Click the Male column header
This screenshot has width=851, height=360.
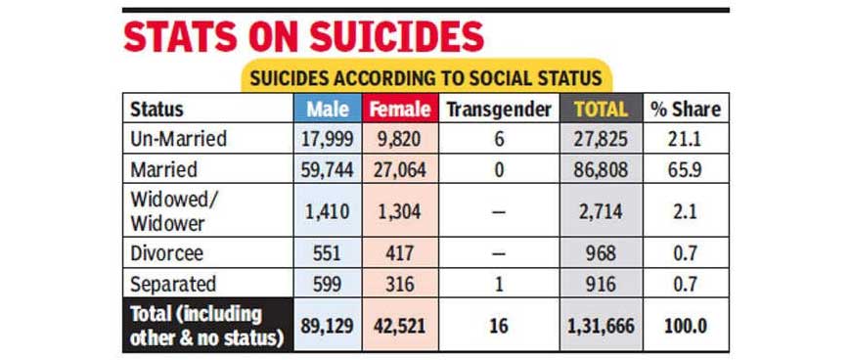point(328,110)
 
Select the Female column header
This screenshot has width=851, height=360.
point(400,110)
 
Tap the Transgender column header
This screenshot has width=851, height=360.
point(499,110)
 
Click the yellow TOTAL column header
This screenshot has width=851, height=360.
point(601,110)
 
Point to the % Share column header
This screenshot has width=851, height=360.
point(686,110)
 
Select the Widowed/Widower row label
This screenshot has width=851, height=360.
point(170,210)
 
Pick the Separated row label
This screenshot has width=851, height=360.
point(173,284)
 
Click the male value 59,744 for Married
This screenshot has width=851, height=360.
point(328,170)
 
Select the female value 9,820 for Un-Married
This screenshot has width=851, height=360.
point(400,139)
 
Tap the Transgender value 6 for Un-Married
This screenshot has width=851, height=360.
point(499,140)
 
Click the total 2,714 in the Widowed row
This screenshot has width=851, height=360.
point(601,210)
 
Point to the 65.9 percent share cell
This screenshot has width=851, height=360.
point(686,170)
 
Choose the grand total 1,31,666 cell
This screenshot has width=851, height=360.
point(601,326)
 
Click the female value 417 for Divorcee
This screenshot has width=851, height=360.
point(400,253)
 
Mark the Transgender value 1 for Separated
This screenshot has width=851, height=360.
point(499,284)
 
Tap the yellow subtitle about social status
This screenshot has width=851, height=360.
point(426,77)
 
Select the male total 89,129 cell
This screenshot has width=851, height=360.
point(328,326)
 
